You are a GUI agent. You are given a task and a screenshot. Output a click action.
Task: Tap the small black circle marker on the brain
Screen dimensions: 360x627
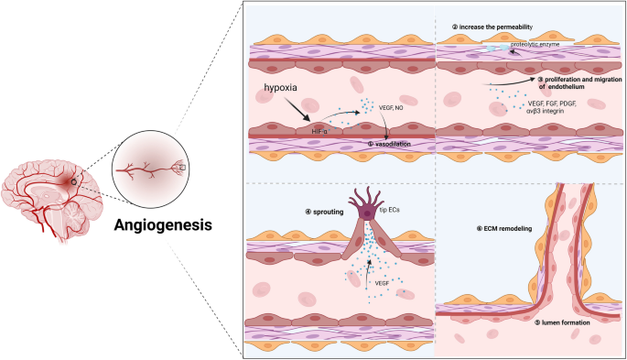tap(73, 182)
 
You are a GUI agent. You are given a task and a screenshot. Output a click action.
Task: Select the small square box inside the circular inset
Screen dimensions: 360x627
tap(181, 168)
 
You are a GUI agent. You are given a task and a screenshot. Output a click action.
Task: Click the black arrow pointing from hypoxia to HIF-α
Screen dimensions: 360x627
tap(300, 114)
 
